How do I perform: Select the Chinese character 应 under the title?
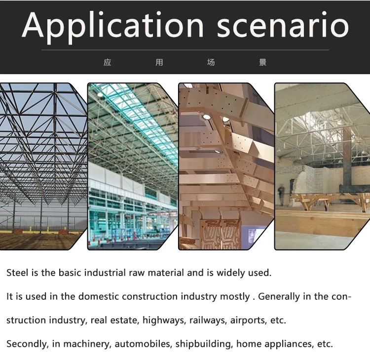pyautogui.click(x=108, y=63)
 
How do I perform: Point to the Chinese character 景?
pyautogui.click(x=262, y=63)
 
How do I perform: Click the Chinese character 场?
pyautogui.click(x=211, y=63)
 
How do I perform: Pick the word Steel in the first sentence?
pyautogui.click(x=17, y=273)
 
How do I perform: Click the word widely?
pyautogui.click(x=225, y=273)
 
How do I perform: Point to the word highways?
pyautogui.click(x=161, y=320)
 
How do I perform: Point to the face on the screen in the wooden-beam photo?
pyautogui.click(x=253, y=232)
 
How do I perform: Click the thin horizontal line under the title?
pyautogui.click(x=185, y=50)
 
